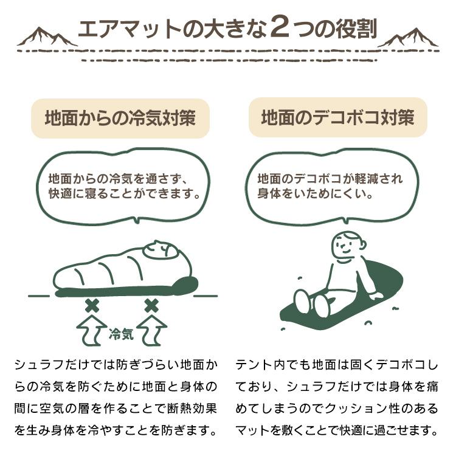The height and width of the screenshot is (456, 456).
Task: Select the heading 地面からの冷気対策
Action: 120,118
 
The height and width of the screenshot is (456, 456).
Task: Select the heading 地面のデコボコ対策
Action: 337,118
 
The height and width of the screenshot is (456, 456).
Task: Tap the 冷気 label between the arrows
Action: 121,333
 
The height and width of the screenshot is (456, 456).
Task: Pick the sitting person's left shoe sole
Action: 302,302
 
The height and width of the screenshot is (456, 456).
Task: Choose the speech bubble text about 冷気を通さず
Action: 125,187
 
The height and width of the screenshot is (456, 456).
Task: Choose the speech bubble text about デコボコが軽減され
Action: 330,187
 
